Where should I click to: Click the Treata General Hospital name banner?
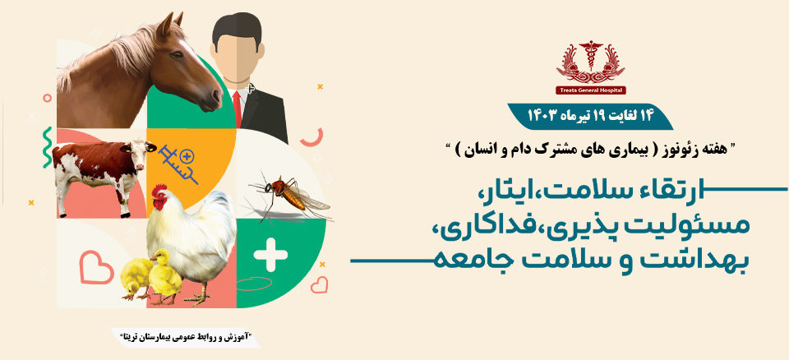coord(590,90)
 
